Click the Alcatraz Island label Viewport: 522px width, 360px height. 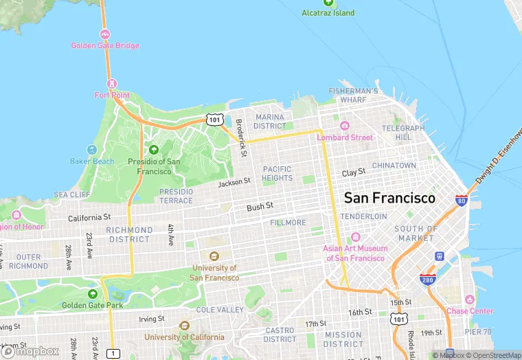coord(329,13)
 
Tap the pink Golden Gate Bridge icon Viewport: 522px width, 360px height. coord(105,34)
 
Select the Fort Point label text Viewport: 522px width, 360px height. coord(112,95)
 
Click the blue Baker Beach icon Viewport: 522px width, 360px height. coord(91,150)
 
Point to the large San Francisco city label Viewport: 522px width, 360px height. coord(389,198)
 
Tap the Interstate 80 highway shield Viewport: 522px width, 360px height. coord(462,201)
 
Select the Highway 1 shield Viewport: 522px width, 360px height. coord(112,353)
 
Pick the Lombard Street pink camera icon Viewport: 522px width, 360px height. coord(345,126)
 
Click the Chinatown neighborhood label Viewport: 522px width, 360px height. coord(394,166)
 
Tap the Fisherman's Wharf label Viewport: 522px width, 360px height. coord(353,95)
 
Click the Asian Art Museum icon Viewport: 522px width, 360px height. coord(355,237)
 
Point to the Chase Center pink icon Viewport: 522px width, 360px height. coord(469,300)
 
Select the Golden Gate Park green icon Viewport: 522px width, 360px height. coord(93,293)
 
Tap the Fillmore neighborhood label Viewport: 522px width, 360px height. coord(288,223)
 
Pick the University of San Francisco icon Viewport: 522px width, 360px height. coord(214,256)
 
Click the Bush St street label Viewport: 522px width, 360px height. coord(260,206)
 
